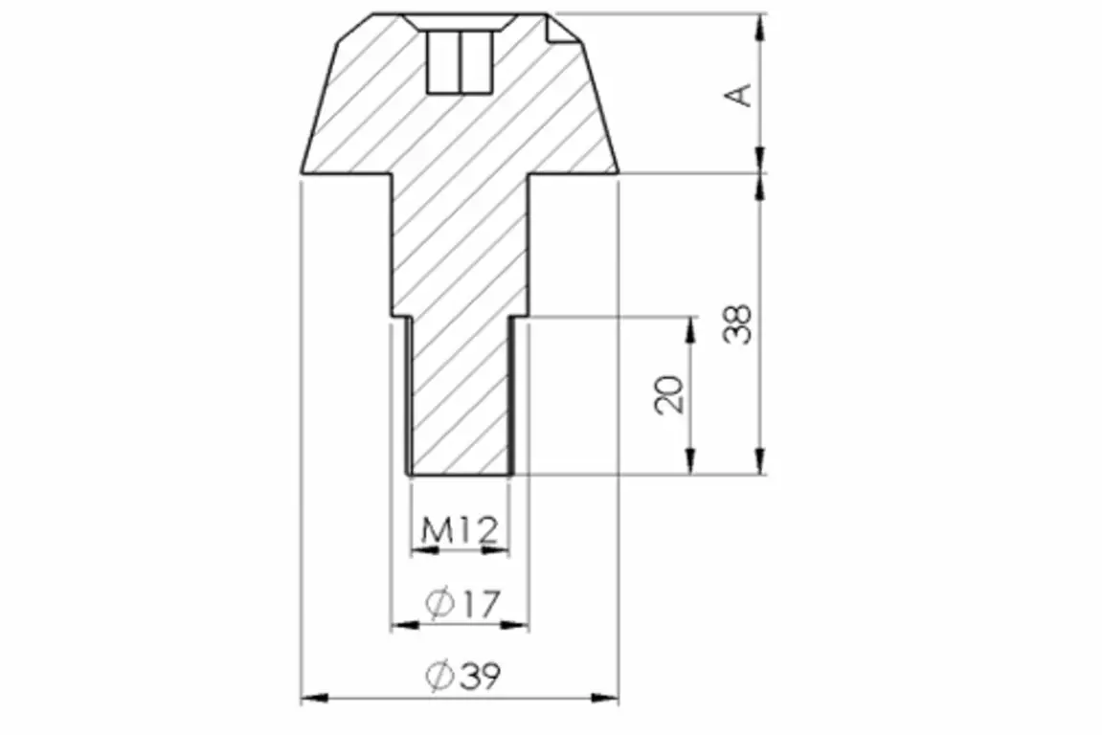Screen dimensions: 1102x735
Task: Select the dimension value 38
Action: pyautogui.click(x=738, y=324)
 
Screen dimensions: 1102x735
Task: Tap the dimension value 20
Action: pyautogui.click(x=669, y=395)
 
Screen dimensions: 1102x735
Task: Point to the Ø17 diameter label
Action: pyautogui.click(x=463, y=604)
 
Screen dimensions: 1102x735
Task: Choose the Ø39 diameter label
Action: pyautogui.click(x=463, y=676)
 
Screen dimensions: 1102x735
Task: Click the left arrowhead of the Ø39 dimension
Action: pyautogui.click(x=315, y=699)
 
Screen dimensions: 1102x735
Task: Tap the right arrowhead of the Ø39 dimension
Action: pyautogui.click(x=604, y=699)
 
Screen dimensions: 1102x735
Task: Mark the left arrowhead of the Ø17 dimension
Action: pyautogui.click(x=405, y=625)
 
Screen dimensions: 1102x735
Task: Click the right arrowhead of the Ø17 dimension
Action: pyautogui.click(x=514, y=625)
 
